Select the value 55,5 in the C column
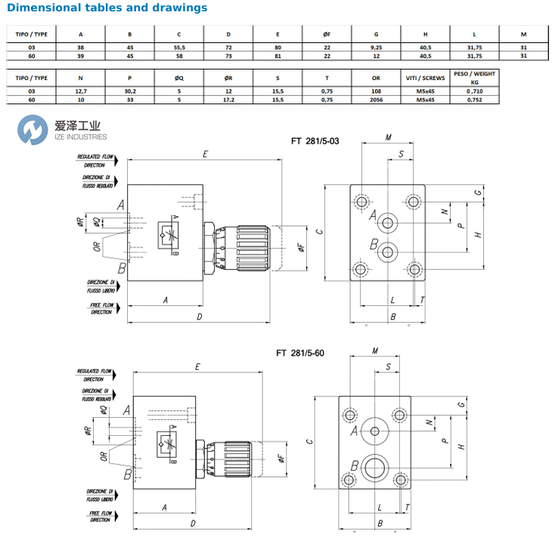(178, 47)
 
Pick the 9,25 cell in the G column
(376, 47)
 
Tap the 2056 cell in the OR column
(376, 99)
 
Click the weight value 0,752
(474, 99)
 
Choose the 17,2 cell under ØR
(228, 99)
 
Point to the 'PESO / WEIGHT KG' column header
(474, 78)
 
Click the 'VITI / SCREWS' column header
(425, 77)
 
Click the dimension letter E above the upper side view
(205, 154)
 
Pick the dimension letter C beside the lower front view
(309, 441)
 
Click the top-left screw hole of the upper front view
(361, 201)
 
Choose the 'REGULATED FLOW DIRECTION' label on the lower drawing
(95, 376)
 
